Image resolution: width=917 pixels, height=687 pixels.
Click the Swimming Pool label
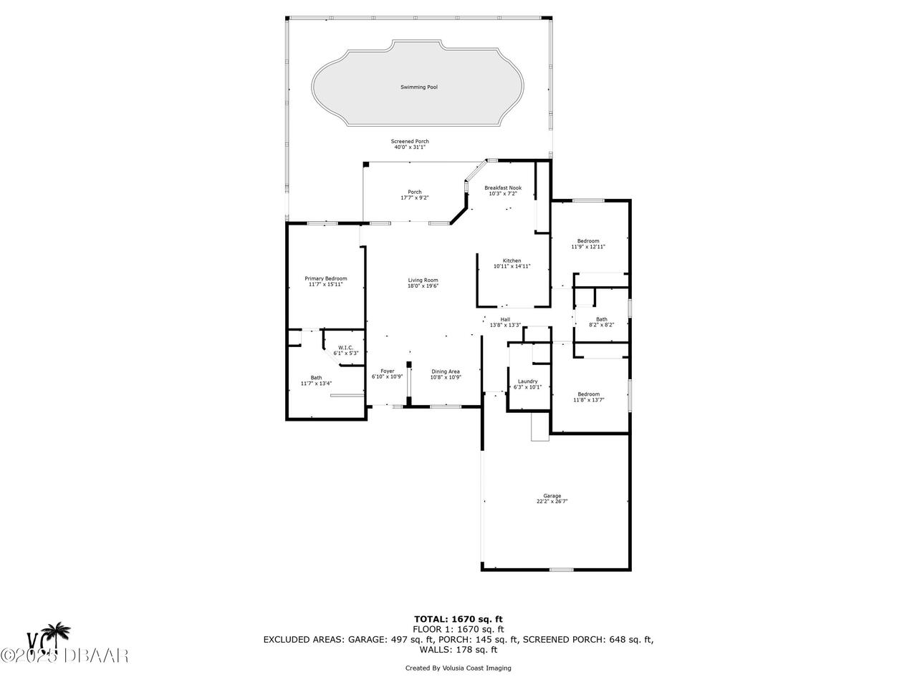coord(418,87)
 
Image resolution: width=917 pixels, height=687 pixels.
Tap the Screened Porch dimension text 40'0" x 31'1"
coord(410,147)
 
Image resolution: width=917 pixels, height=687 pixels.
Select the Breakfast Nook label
coord(502,187)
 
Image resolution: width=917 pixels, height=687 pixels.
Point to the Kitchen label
coord(512,260)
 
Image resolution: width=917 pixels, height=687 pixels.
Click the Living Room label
coord(423,280)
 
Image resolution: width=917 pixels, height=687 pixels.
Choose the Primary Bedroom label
coord(325,278)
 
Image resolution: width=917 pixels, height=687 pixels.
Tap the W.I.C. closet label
coord(346,348)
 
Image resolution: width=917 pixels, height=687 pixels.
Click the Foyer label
coord(388,371)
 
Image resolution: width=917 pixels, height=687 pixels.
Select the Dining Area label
coord(445,371)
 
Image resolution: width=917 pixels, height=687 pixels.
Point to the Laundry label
coord(527,381)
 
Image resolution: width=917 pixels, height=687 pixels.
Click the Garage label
coord(552,496)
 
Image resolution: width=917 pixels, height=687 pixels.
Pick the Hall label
coord(505,319)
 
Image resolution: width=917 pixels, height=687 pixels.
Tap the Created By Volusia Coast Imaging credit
coord(458,668)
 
